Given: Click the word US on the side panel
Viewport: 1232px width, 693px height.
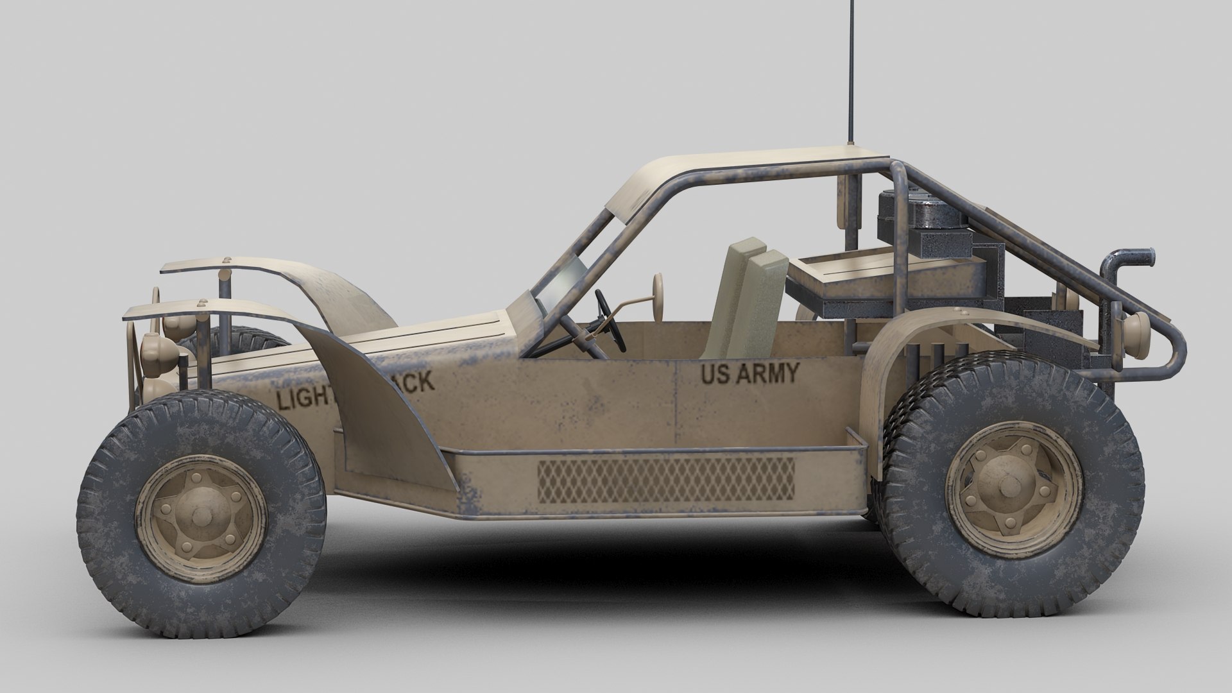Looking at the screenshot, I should click(x=715, y=374).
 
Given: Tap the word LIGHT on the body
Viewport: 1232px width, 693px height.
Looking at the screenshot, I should click(x=303, y=398).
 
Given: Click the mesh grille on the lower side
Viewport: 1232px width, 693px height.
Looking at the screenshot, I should click(x=665, y=480).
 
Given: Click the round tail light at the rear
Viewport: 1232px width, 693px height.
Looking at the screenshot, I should click(x=1136, y=330).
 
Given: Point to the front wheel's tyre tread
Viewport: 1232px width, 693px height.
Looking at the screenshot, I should click(x=103, y=513).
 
